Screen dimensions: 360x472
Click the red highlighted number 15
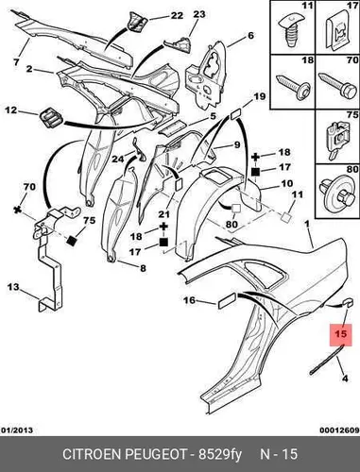pos(340,334)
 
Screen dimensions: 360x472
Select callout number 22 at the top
pos(177,15)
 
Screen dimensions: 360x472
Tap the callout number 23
pos(198,14)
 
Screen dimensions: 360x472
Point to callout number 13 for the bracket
pos(13,287)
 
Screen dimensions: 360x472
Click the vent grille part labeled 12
pos(51,118)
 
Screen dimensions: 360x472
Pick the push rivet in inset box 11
pos(288,31)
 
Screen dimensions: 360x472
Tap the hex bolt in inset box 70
pos(336,83)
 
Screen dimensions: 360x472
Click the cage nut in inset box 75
pos(337,139)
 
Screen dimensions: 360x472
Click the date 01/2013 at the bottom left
pos(17,430)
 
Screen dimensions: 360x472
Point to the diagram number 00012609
pos(339,430)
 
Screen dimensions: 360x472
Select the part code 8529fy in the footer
pos(220,455)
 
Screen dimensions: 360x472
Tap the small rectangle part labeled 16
pos(227,300)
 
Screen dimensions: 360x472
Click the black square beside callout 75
pos(72,241)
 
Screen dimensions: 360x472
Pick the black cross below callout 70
pos(17,210)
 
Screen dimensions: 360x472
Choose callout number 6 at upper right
pos(250,35)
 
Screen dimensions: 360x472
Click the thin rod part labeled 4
pos(326,360)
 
